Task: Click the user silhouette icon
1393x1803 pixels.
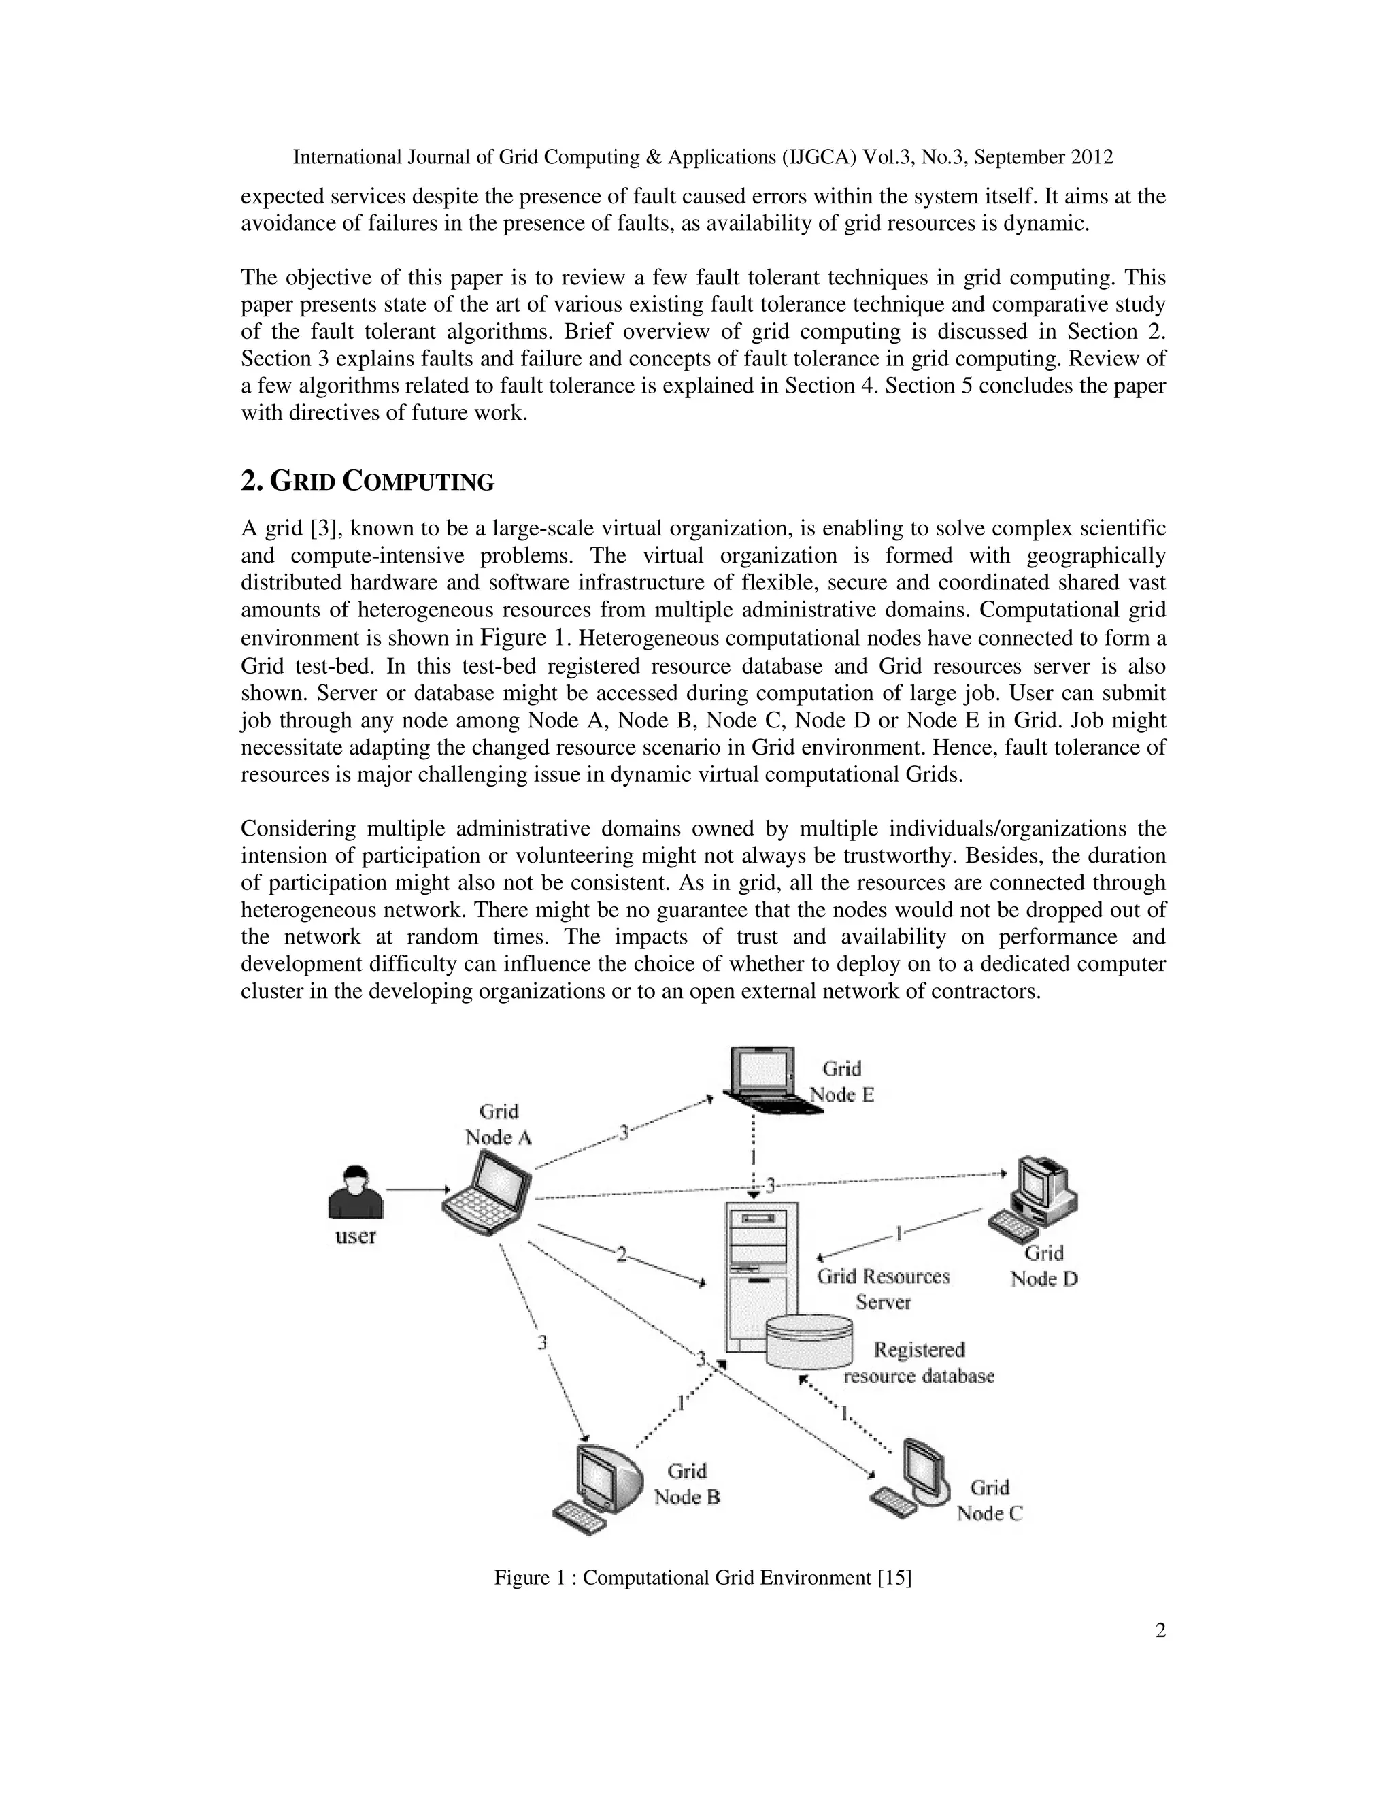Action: [x=356, y=1192]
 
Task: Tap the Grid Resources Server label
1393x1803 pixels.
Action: [x=883, y=1289]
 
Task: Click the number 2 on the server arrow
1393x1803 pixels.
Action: [x=622, y=1255]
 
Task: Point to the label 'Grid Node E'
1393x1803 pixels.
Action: [x=842, y=1082]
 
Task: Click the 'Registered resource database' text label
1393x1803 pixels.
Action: [x=918, y=1363]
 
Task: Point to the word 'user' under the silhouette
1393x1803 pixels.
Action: [x=356, y=1236]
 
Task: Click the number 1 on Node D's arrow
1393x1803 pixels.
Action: [x=899, y=1234]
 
